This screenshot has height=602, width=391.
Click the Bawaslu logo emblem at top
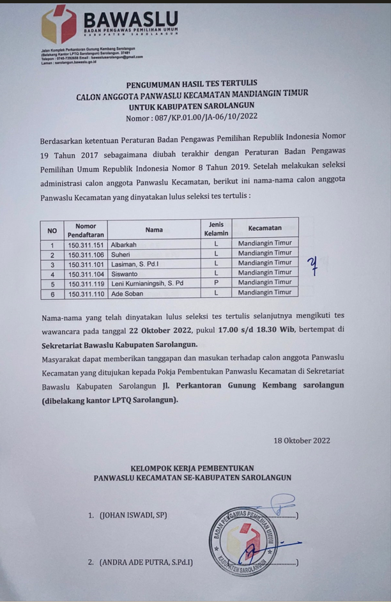(59, 24)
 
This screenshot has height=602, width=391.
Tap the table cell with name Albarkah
(124, 245)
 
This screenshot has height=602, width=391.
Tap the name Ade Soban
(127, 293)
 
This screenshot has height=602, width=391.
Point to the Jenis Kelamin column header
(216, 229)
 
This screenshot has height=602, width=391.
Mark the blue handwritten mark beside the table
(312, 265)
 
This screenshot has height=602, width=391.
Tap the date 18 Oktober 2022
(302, 441)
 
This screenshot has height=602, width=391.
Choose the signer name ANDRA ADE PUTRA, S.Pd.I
(146, 562)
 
